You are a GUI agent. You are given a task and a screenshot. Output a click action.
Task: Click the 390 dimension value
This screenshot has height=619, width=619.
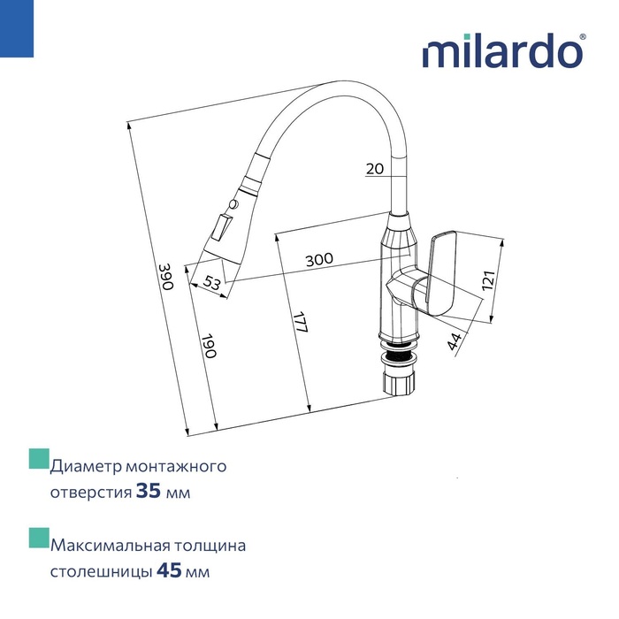pyautogui.click(x=164, y=276)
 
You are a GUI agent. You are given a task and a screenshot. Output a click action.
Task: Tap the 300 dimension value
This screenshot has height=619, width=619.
pyautogui.click(x=318, y=259)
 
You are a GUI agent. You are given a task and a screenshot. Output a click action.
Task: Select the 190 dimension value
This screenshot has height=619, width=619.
pyautogui.click(x=209, y=346)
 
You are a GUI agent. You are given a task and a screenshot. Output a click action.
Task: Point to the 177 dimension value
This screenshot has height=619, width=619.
pyautogui.click(x=301, y=322)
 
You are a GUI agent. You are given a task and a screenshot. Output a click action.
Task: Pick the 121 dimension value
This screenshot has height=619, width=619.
pyautogui.click(x=487, y=281)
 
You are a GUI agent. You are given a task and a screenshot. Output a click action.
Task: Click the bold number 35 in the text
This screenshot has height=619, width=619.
pyautogui.click(x=149, y=491)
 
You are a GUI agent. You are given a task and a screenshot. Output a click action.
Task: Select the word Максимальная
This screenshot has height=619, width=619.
pyautogui.click(x=109, y=545)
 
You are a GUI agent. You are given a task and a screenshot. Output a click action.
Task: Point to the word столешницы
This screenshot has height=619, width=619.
pyautogui.click(x=101, y=571)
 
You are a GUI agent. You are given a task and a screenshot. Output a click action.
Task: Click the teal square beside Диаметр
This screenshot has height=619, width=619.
pyautogui.click(x=38, y=459)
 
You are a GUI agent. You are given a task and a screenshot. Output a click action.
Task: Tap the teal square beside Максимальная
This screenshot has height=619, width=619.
pyautogui.click(x=38, y=539)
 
